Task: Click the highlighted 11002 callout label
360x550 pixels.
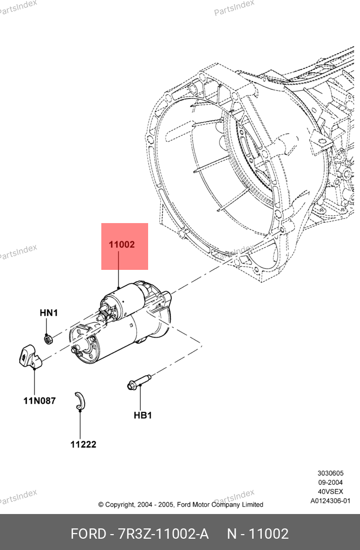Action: pos(122,245)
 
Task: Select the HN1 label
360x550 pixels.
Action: pos(49,313)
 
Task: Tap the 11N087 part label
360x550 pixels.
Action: pos(40,401)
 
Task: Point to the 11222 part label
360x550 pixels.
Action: pos(83,444)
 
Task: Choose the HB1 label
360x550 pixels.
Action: pos(142,415)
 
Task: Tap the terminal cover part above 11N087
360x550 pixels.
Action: pos(30,356)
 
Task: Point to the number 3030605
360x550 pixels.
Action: pos(330,473)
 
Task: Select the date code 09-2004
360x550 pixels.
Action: pos(330,482)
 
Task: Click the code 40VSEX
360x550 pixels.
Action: pos(330,491)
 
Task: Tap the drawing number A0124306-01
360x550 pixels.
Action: pos(330,501)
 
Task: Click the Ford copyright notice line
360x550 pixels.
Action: pos(181,505)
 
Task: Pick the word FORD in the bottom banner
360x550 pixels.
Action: pos(87,534)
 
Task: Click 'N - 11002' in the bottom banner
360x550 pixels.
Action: pos(258,534)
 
